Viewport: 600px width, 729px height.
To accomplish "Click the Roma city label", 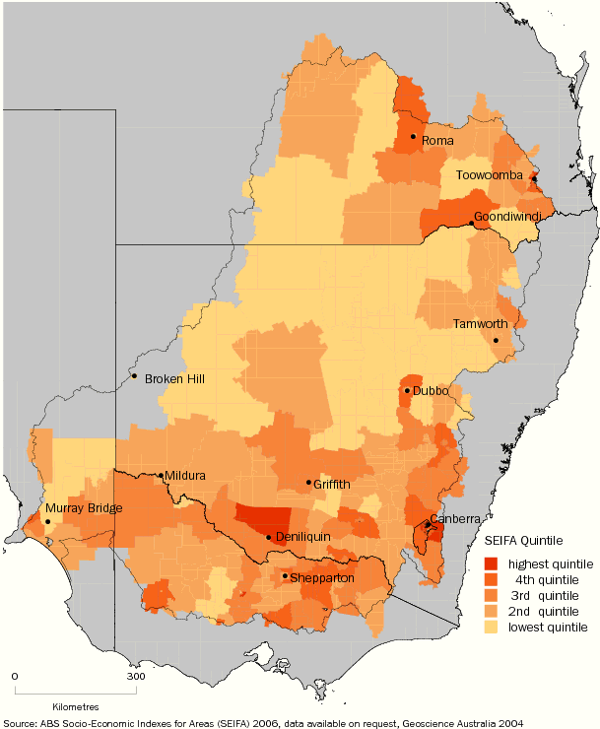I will coord(437,142).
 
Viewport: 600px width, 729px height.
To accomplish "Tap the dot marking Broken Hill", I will coord(134,375).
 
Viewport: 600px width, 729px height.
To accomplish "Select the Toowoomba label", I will coord(489,174).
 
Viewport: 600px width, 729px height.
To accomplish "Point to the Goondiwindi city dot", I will coord(472,224).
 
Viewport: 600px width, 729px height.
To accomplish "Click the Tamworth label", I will coord(480,324).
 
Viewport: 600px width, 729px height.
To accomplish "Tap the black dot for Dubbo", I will coord(407,391).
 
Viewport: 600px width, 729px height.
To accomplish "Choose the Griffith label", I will coord(332,485).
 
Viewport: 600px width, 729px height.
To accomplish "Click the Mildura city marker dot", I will coord(162,476).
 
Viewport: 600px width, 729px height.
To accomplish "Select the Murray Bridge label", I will coord(83,508).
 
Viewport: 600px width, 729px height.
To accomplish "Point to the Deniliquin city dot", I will coord(269,538).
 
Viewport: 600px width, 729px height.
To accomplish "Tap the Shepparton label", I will coord(324,578).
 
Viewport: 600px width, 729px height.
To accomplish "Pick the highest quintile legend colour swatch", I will coord(492,563).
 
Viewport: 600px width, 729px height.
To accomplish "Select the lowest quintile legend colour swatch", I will coord(492,627).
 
